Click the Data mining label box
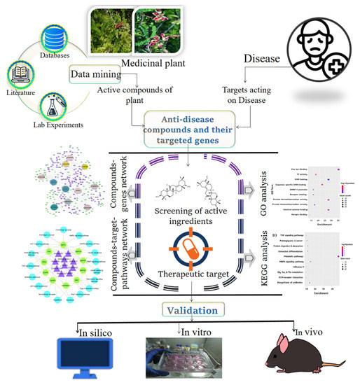coord(91,73)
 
